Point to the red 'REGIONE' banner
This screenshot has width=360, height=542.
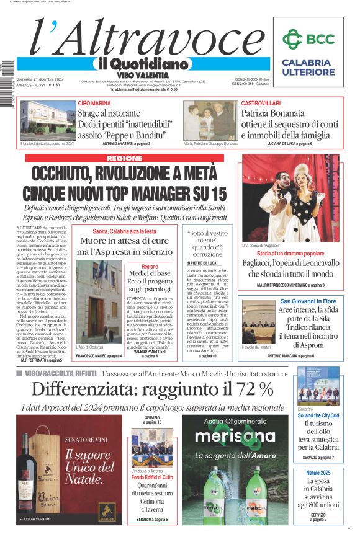[124, 159]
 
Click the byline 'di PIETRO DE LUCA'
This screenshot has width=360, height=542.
[201, 264]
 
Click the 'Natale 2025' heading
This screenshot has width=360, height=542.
[317, 473]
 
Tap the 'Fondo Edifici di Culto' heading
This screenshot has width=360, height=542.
[153, 477]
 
